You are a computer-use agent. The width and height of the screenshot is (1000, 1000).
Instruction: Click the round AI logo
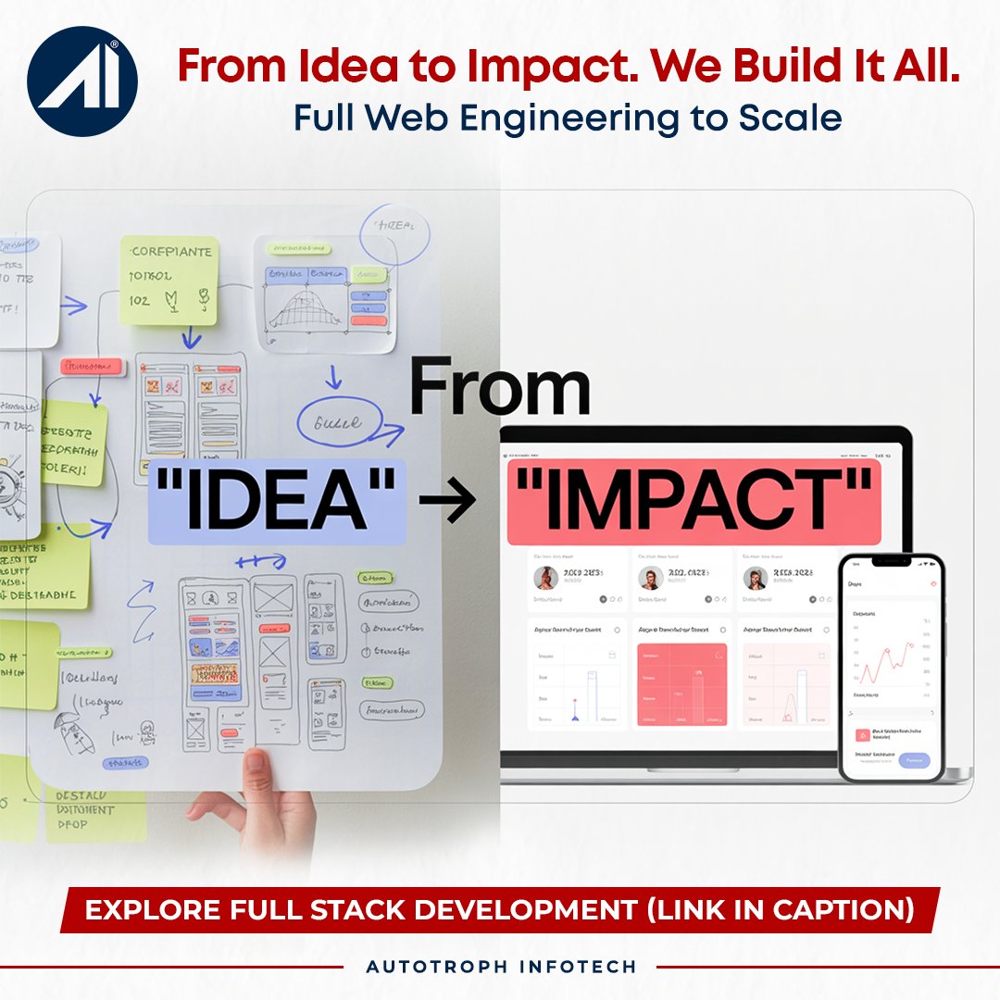coord(82,81)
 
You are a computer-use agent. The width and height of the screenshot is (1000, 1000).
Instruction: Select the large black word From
coord(500,390)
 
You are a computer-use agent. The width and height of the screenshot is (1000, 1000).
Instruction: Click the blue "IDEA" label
coord(277,500)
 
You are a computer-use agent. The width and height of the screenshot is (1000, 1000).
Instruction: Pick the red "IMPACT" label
coord(694,500)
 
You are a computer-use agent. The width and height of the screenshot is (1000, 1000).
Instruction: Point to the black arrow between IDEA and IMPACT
coord(447,501)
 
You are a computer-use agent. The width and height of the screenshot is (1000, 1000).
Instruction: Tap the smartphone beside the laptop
coord(890,667)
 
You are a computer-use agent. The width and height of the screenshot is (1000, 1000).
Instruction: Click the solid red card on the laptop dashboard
coord(682,684)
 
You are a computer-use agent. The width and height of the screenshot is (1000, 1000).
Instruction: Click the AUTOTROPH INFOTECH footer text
coord(501,967)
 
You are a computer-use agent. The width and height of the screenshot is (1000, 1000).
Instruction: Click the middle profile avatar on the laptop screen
coord(651,579)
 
